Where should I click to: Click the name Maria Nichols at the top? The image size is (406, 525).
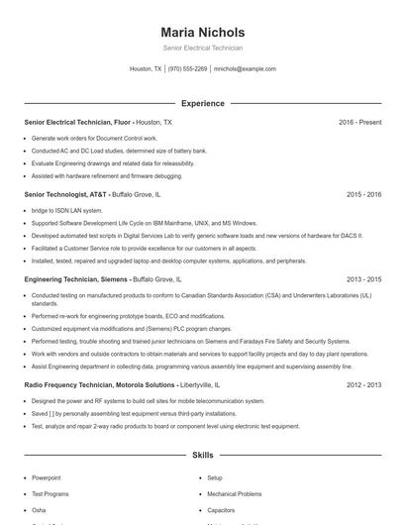click(x=202, y=32)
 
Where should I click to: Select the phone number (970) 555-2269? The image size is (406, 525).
click(x=187, y=69)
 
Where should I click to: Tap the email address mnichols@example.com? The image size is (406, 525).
click(x=245, y=69)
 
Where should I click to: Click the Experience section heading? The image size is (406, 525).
click(x=202, y=103)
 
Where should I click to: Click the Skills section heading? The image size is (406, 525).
click(x=202, y=455)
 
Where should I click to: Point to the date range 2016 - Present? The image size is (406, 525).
click(x=359, y=122)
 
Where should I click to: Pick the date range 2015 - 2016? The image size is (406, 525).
click(x=363, y=195)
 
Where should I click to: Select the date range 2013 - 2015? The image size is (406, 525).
click(x=363, y=280)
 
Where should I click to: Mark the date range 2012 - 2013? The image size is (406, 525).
click(x=363, y=383)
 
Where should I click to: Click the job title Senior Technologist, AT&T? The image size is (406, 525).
click(x=65, y=195)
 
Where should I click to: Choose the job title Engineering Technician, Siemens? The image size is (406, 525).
click(x=76, y=280)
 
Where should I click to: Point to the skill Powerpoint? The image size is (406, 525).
click(x=46, y=477)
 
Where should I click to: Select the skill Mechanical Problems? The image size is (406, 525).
click(x=234, y=493)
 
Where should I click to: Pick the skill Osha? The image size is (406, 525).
click(x=38, y=509)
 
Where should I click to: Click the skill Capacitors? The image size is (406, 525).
click(x=222, y=509)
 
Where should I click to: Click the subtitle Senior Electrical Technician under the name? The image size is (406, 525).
click(x=202, y=48)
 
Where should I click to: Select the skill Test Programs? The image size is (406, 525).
click(x=51, y=493)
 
